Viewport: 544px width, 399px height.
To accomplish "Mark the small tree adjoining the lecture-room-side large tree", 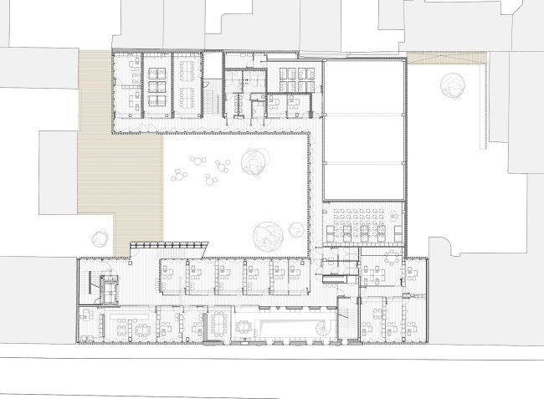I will click(295, 227).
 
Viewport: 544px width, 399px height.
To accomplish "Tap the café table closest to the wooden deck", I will click(178, 176).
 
